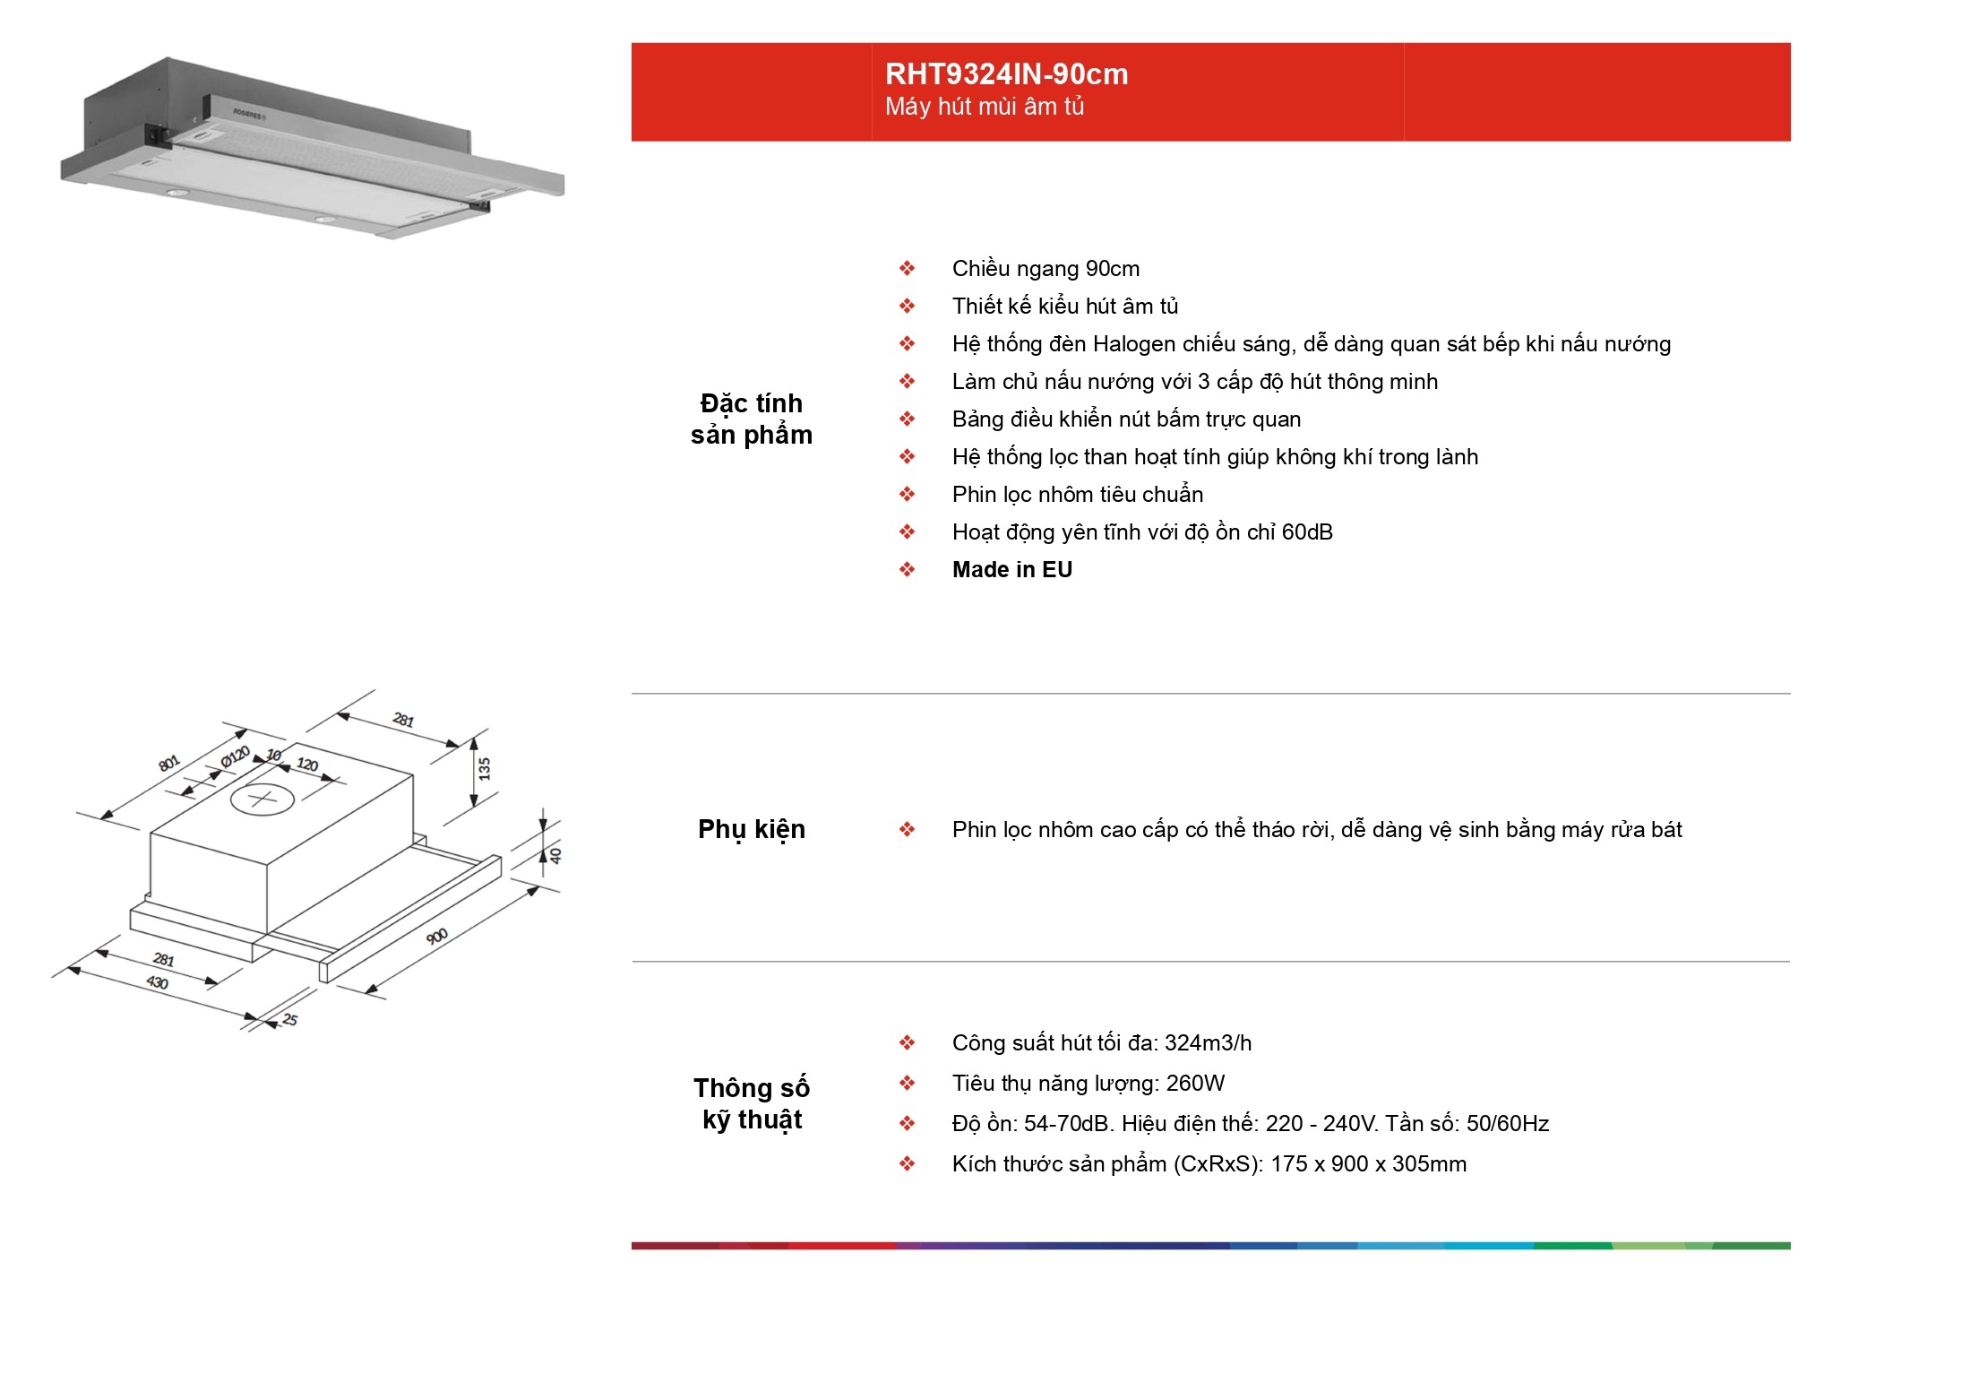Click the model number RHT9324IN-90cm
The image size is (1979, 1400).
click(x=1006, y=73)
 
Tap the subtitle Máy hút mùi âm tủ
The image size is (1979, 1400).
click(x=985, y=107)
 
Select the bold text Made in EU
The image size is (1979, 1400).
click(x=1012, y=570)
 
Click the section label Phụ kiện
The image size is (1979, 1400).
click(x=752, y=830)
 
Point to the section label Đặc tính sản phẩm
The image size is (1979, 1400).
click(x=752, y=419)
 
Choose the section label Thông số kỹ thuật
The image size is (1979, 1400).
click(x=752, y=1104)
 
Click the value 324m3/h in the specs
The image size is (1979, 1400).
click(x=1208, y=1043)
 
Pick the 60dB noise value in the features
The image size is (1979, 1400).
click(x=1307, y=532)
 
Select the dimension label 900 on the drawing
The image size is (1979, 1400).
click(x=437, y=937)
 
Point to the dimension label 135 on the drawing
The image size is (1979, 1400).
click(x=485, y=769)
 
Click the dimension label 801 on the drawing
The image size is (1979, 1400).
click(x=169, y=764)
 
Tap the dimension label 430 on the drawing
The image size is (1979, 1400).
click(x=157, y=982)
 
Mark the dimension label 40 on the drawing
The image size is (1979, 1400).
click(x=555, y=855)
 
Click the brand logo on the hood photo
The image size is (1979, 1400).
click(x=248, y=114)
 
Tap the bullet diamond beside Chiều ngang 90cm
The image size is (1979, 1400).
click(x=908, y=269)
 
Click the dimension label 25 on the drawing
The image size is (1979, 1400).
click(x=289, y=1019)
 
